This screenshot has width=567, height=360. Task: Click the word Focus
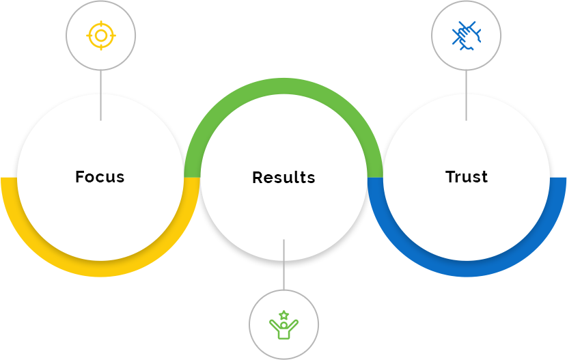click(100, 177)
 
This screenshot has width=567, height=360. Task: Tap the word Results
click(283, 178)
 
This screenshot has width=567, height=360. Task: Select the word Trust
click(467, 177)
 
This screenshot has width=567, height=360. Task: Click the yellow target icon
click(101, 36)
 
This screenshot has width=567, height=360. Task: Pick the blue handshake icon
click(466, 36)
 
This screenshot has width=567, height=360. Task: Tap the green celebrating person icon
click(283, 325)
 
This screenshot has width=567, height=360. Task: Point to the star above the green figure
click(283, 315)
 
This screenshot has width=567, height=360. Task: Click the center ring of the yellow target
click(101, 36)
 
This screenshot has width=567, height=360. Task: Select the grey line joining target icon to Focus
click(101, 96)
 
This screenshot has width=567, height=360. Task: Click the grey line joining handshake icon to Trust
click(466, 96)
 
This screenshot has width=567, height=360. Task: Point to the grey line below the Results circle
click(283, 263)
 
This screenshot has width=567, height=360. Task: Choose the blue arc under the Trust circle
click(467, 269)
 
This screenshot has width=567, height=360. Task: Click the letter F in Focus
click(80, 177)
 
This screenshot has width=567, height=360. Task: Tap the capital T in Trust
click(451, 177)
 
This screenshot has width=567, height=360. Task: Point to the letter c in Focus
click(101, 178)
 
